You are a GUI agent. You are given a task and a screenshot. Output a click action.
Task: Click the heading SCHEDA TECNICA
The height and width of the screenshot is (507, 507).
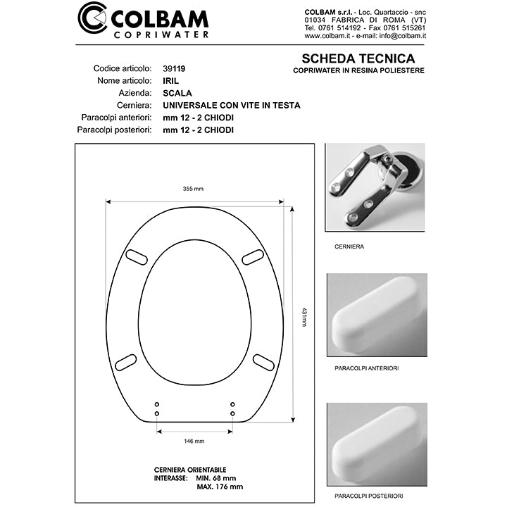[x=358, y=59]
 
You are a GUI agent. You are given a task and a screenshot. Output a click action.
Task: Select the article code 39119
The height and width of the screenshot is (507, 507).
[x=174, y=69]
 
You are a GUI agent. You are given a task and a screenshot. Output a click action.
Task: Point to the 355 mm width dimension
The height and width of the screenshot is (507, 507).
[x=193, y=189]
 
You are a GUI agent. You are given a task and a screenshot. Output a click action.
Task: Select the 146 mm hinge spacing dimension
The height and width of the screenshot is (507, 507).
[x=194, y=441]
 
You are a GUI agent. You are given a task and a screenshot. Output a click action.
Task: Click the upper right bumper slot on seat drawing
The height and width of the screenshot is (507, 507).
[x=253, y=257]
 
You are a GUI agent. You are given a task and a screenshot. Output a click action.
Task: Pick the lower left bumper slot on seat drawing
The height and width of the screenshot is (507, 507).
[x=126, y=362]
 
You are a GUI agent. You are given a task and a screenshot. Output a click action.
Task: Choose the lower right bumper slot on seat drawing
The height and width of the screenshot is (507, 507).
[x=263, y=362]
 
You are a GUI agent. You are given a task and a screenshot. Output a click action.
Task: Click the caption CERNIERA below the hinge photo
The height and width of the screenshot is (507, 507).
[x=349, y=247]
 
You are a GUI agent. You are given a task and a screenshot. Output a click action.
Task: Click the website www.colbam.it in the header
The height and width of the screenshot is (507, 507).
[x=328, y=35]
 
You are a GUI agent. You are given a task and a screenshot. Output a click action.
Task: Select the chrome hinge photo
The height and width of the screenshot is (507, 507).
[x=376, y=187]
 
